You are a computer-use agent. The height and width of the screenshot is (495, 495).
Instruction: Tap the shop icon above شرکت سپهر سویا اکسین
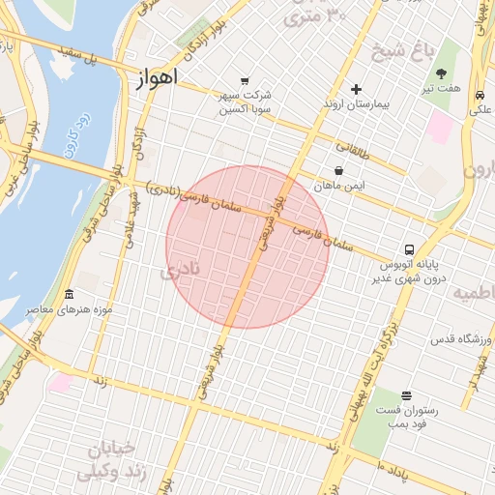point(245,81)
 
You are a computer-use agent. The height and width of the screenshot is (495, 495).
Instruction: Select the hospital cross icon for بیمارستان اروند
point(357,89)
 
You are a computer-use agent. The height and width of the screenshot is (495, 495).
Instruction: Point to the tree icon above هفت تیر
point(442,73)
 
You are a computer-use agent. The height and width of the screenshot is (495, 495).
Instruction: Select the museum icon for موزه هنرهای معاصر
point(69,294)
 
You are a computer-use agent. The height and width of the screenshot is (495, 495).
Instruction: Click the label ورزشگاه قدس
point(461,339)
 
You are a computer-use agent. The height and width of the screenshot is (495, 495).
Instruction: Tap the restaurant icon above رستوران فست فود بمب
point(405,394)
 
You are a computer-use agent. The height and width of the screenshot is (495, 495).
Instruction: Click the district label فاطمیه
point(474,293)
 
